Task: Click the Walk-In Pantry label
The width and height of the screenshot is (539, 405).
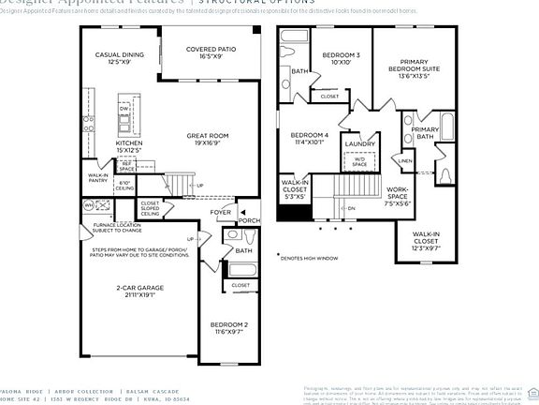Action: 99,177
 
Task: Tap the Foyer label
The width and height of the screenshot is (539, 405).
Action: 220,213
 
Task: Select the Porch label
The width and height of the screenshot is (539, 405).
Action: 250,222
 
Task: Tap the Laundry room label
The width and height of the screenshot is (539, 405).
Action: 358,143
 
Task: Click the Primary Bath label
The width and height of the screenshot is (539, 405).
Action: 426,133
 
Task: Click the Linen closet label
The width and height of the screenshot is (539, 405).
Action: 404,160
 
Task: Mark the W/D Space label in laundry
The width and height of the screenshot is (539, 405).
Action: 359,161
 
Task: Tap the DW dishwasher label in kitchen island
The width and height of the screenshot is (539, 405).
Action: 124,110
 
